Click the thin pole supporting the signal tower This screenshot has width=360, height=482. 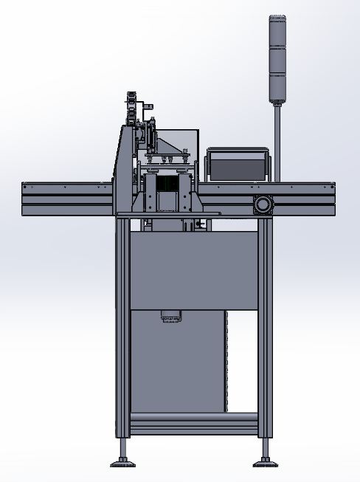(x=277, y=140)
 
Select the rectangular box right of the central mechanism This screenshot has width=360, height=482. (x=237, y=164)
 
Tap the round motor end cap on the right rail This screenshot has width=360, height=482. (x=262, y=204)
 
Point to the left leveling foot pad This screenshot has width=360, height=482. (x=122, y=464)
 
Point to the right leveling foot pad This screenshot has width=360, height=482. (x=265, y=464)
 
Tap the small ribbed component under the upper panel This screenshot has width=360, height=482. (x=171, y=317)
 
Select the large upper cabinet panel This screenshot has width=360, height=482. (x=193, y=269)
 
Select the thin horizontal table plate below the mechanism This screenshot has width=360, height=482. (x=170, y=215)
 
